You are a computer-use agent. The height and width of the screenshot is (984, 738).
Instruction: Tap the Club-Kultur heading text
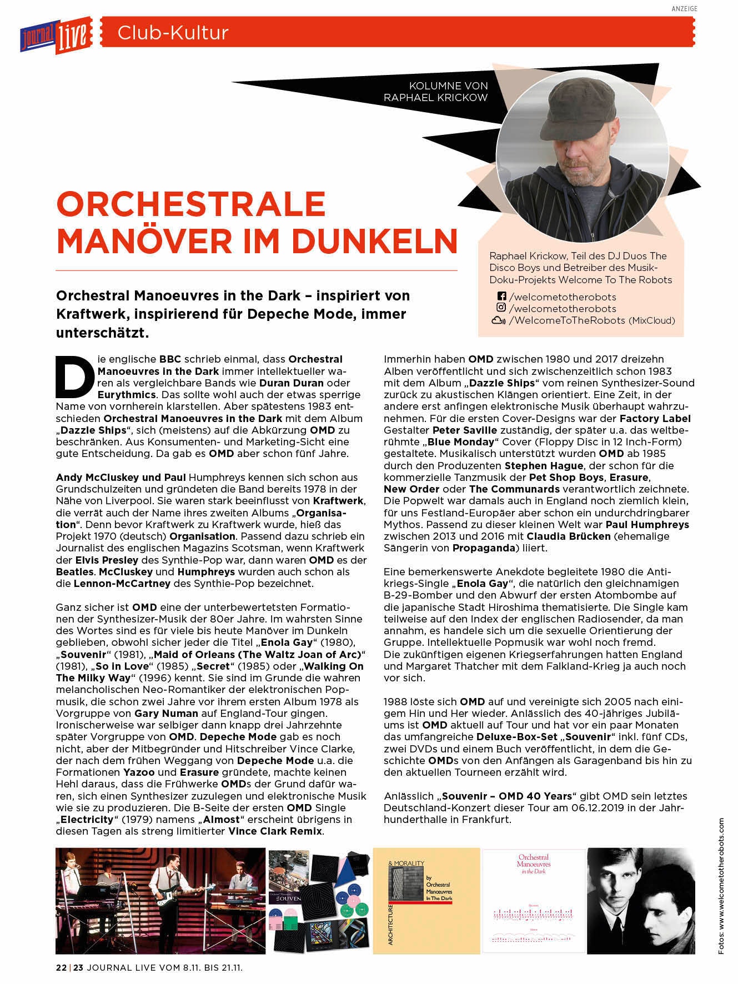pyautogui.click(x=173, y=33)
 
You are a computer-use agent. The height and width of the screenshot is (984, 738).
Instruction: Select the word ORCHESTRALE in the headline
pyautogui.click(x=191, y=204)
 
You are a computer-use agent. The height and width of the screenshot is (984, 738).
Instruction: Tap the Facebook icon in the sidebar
pyautogui.click(x=501, y=297)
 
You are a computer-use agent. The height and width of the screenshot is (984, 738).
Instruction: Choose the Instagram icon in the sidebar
pyautogui.click(x=501, y=308)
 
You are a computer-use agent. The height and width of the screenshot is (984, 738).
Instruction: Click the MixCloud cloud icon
pyautogui.click(x=498, y=320)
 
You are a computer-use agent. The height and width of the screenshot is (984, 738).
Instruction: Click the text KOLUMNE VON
pyautogui.click(x=448, y=86)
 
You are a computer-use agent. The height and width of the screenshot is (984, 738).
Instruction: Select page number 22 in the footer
pyautogui.click(x=61, y=967)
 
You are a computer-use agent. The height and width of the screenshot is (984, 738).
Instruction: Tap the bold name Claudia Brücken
pyautogui.click(x=563, y=536)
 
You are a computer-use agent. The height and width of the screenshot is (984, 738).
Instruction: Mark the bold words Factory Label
pyautogui.click(x=655, y=418)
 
